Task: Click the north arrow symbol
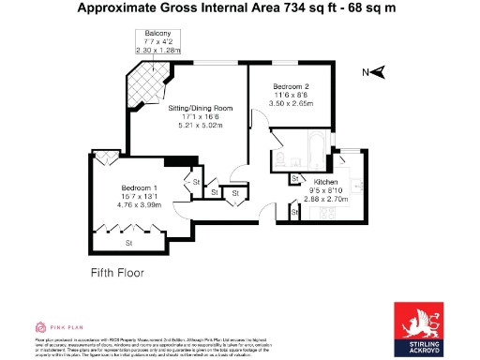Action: pyautogui.click(x=376, y=72)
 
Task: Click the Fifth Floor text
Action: pyautogui.click(x=117, y=273)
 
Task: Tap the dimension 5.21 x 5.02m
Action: pyautogui.click(x=201, y=127)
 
